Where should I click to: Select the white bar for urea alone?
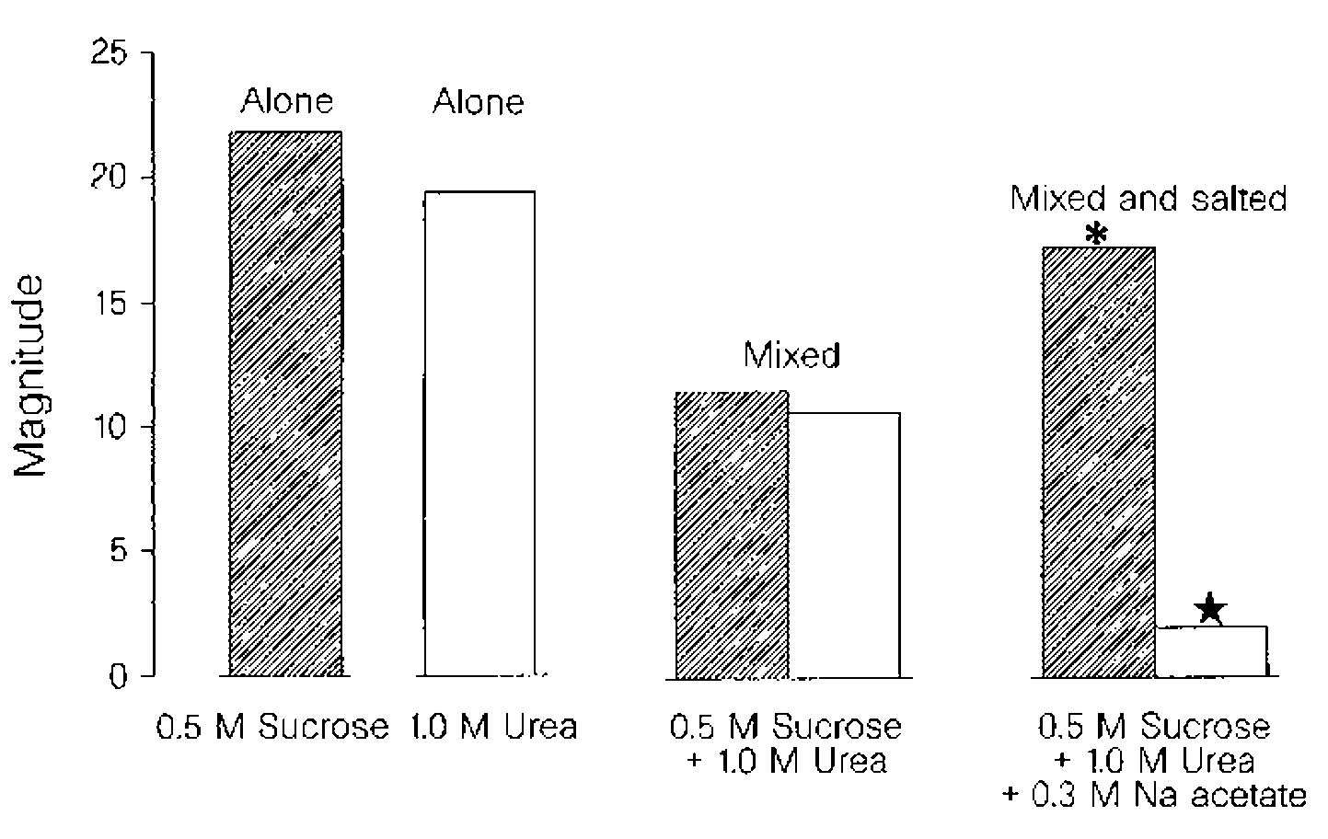[x=479, y=432]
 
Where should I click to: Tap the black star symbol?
[x=1210, y=608]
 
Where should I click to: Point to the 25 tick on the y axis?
[x=111, y=54]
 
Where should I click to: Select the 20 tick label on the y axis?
[x=111, y=178]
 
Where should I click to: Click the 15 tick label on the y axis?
[x=111, y=304]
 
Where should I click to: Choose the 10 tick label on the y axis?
[x=111, y=428]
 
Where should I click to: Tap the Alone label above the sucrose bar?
[x=287, y=100]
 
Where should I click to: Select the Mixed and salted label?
[x=1149, y=199]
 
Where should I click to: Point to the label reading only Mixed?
[x=791, y=355]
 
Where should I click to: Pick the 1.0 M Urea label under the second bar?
[x=493, y=728]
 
